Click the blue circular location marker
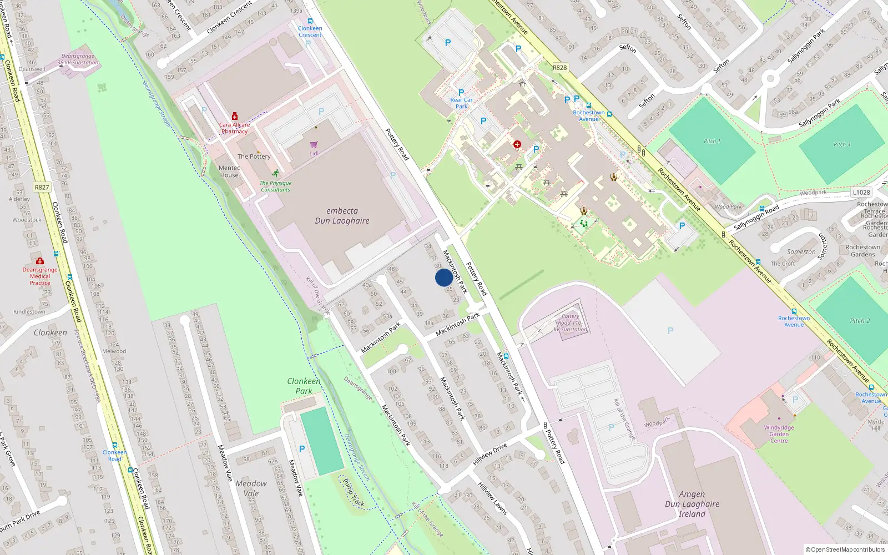[444, 277]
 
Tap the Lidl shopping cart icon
[314, 144]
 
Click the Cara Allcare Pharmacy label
[234, 128]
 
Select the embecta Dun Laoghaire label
[342, 216]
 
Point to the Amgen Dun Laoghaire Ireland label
[692, 504]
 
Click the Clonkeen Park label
[304, 386]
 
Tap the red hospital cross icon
[517, 144]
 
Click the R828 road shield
[559, 68]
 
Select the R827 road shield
[42, 187]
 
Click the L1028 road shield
[861, 193]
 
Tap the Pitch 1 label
[712, 141]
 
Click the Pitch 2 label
[860, 321]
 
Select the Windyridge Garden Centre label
[779, 434]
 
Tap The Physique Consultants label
[275, 186]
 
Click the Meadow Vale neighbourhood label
[251, 488]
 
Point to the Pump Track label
[354, 493]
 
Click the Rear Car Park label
[461, 103]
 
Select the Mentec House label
[229, 171]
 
